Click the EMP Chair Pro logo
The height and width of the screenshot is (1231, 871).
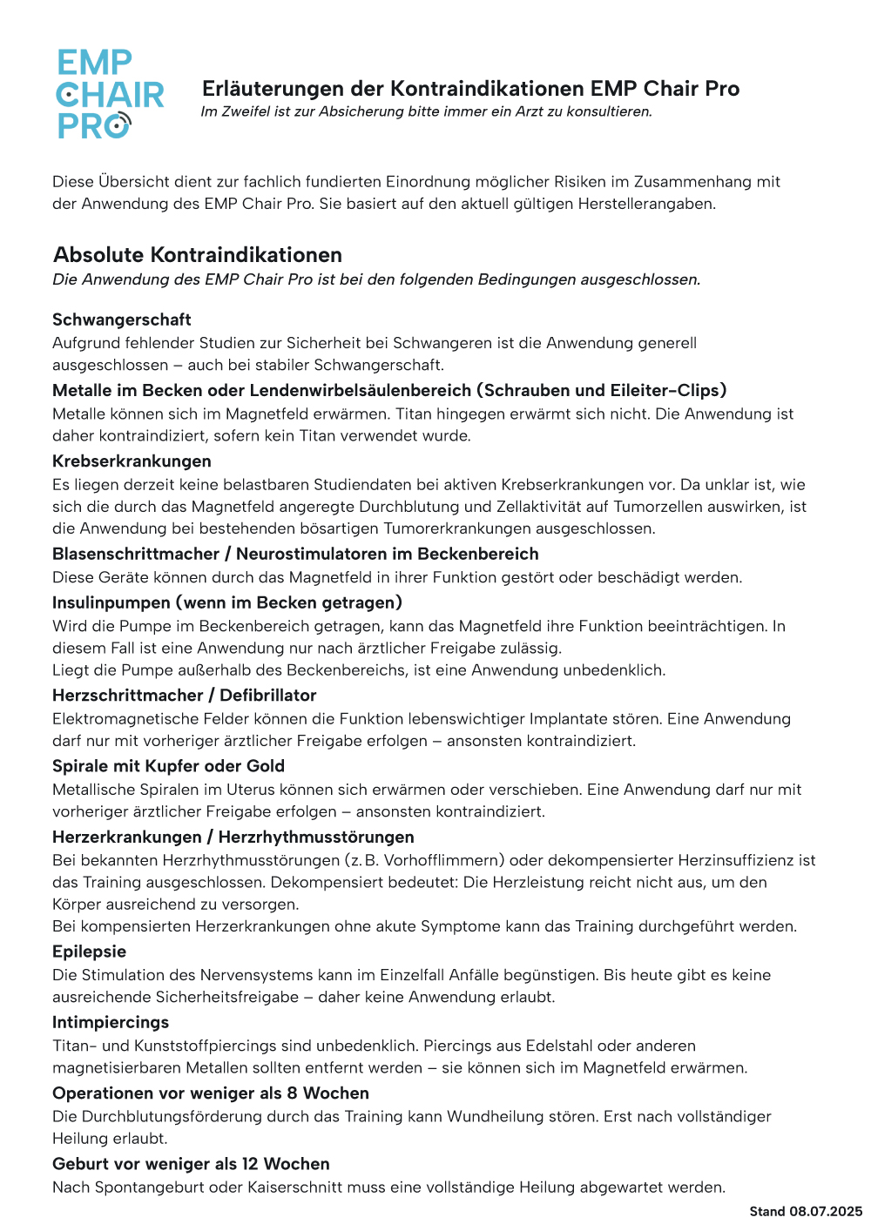(110, 94)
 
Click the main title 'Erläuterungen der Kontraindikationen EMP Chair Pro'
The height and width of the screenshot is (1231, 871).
(470, 89)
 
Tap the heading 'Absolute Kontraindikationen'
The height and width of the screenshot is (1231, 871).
(198, 255)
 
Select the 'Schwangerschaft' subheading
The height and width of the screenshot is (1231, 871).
(122, 320)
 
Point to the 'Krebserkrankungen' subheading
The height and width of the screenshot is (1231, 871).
(132, 461)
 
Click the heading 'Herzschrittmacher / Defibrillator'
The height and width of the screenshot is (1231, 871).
(184, 696)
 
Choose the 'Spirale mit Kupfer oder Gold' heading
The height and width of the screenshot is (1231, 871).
(168, 766)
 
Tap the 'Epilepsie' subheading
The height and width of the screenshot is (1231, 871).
(89, 952)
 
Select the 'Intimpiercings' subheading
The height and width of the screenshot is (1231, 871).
(111, 1022)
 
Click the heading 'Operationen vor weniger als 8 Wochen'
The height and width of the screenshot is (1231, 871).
(211, 1093)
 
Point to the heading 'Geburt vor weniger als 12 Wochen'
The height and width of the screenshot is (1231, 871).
(191, 1164)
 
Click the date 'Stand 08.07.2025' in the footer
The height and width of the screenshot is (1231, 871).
(806, 1211)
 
